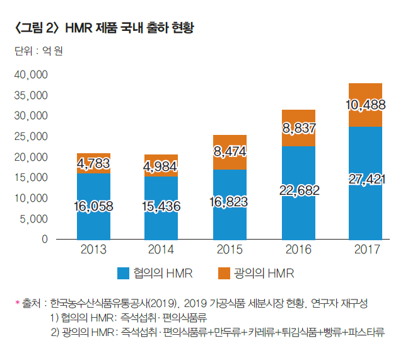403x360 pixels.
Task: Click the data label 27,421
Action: coord(366,180)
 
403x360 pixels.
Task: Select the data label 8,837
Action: coord(298,129)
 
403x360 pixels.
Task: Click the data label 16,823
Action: coord(230,202)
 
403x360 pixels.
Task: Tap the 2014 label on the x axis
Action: coord(161,250)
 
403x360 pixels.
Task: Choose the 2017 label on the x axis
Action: coord(366,250)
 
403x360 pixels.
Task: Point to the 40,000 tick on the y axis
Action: coord(31,74)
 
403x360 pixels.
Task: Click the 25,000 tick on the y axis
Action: coord(31,136)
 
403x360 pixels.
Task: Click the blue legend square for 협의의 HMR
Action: coord(124,274)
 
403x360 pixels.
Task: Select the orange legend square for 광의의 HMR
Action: coord(224,274)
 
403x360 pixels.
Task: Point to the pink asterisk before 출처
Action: coord(18,304)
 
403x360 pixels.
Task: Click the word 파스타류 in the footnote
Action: coord(368,332)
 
